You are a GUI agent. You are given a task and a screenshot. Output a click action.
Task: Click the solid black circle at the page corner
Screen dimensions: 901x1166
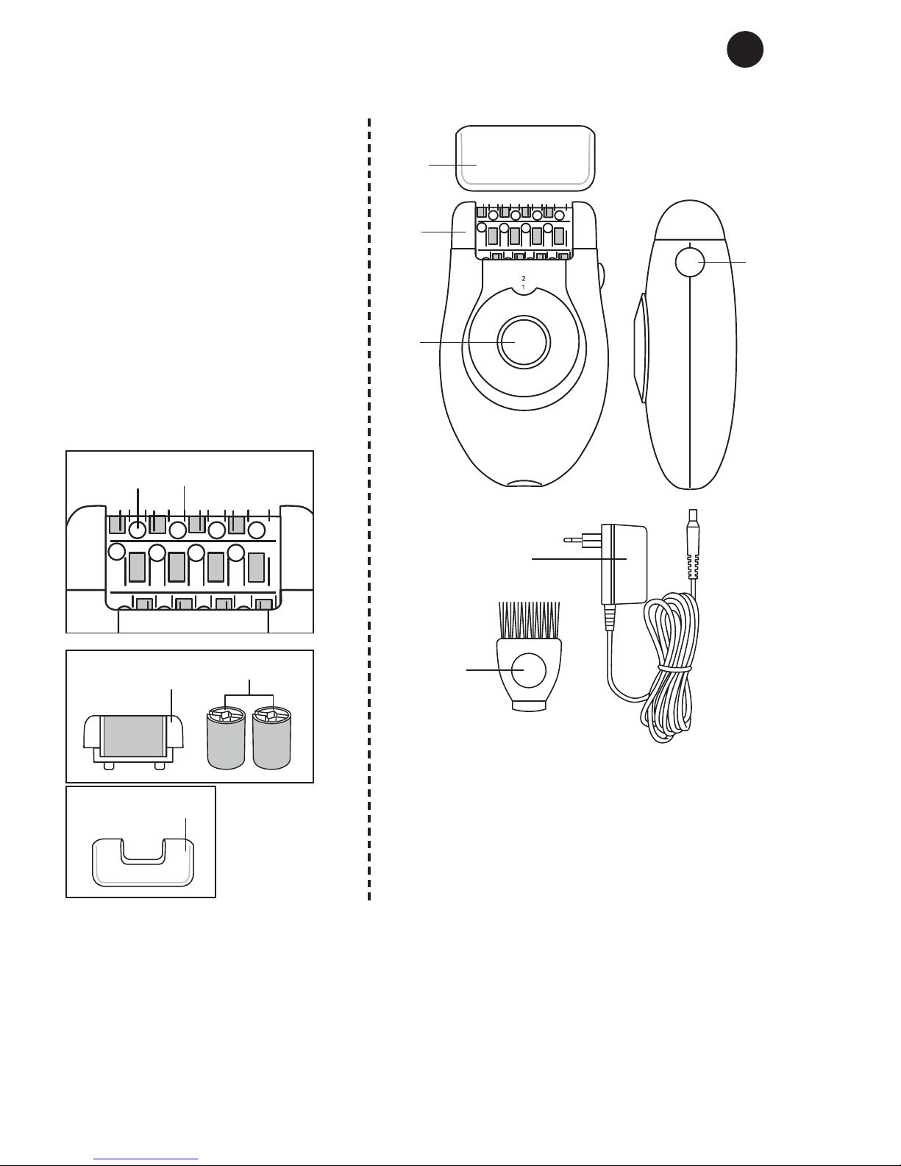(x=745, y=49)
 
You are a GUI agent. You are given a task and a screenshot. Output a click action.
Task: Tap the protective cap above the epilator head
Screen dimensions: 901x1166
(x=526, y=158)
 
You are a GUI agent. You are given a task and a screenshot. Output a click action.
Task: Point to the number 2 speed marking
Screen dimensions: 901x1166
(x=524, y=279)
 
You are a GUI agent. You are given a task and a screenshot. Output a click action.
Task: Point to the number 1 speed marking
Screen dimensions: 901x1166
(x=524, y=288)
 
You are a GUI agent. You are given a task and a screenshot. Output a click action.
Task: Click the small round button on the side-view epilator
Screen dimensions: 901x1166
(x=690, y=263)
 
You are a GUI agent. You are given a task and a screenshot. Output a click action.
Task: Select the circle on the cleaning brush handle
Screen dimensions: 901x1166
(x=528, y=670)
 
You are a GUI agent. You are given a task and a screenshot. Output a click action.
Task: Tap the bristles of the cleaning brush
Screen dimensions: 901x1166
(x=530, y=621)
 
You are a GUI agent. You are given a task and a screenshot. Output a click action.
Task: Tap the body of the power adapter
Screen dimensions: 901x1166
(x=624, y=564)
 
